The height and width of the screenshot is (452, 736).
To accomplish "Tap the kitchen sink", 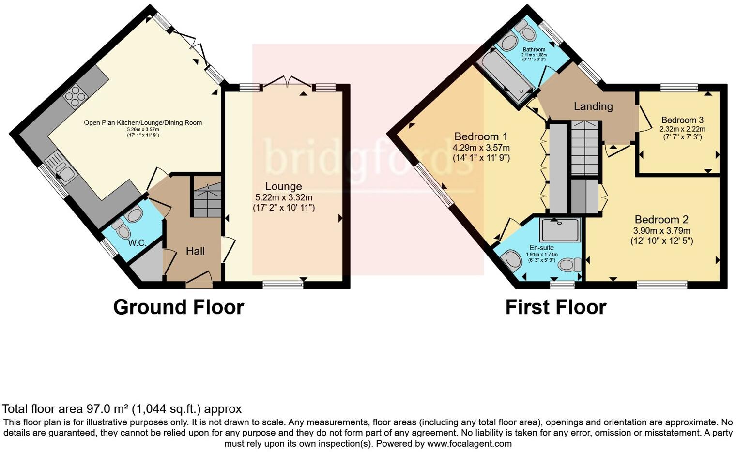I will pos(61,168).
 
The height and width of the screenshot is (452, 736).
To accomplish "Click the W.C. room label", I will pos(138,243).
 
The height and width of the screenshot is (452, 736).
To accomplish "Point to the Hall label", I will pos(195,251).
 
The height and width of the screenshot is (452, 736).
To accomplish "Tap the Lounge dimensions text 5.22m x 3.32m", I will pos(283,197).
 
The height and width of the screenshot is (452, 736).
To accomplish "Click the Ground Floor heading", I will pos(178,307).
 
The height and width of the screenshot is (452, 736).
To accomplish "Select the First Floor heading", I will pos(555,307).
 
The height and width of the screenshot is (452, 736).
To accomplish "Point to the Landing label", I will pos(593,106).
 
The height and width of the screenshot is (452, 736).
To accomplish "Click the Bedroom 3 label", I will pos(682,120).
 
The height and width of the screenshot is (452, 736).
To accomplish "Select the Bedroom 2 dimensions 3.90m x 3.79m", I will pos(661,231).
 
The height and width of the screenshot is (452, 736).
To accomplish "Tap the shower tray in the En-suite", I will pos(560,230).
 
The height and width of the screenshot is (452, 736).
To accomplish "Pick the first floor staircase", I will pos(585,148).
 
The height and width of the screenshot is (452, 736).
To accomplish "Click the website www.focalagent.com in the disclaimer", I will pos(469,443).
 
